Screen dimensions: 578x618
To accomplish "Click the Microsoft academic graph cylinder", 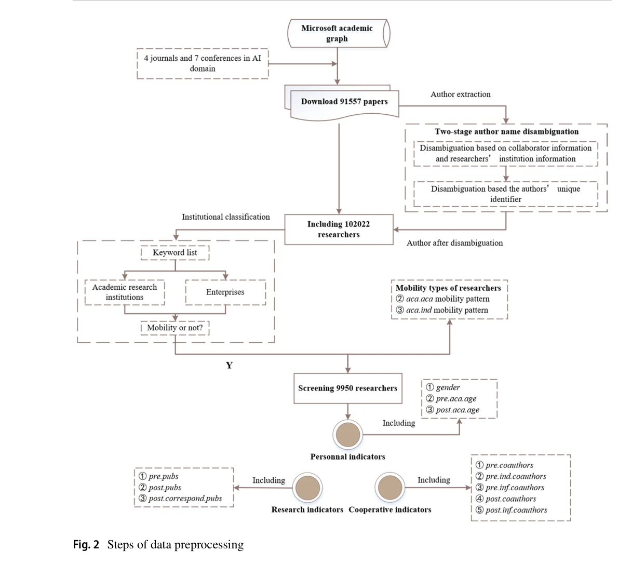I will (338, 33).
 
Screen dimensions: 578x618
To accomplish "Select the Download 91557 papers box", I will (344, 102).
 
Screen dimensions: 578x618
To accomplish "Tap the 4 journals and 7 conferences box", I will (203, 63).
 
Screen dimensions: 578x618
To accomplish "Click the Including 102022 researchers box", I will (339, 229).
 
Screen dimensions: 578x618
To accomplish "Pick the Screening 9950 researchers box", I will (347, 388).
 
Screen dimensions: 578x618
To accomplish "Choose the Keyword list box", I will (175, 252).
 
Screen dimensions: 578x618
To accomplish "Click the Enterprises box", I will (225, 292).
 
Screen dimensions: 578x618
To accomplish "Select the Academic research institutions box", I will (125, 292).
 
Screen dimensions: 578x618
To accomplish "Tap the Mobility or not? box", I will (175, 328).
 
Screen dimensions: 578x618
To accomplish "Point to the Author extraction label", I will (460, 94).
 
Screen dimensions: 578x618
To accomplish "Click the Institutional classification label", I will (225, 217).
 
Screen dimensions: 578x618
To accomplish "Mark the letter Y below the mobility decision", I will (229, 365).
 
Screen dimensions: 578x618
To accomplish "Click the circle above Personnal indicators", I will (347, 435).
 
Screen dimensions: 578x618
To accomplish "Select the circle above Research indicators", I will (307, 488).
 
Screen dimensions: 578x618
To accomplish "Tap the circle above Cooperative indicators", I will (390, 488).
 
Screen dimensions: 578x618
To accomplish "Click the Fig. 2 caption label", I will (86, 544).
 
